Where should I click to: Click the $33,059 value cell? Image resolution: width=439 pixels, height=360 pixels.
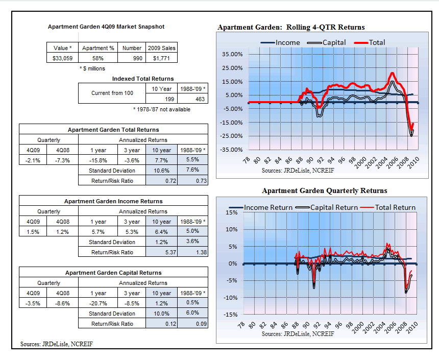tap(62, 58)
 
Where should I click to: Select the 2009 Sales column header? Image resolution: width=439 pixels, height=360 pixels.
tap(161, 48)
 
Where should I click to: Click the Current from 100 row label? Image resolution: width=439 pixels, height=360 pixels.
tap(112, 93)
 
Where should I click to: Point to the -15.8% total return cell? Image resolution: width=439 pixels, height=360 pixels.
tap(98, 160)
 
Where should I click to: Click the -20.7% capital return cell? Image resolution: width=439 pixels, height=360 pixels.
tap(98, 303)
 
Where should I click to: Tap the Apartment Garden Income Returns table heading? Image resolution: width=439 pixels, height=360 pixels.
tap(113, 201)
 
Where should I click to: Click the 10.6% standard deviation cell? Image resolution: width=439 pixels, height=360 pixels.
tap(161, 171)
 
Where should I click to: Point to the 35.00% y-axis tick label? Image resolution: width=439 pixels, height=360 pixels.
tap(232, 54)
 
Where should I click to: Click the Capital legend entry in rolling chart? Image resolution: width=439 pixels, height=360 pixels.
tap(327, 42)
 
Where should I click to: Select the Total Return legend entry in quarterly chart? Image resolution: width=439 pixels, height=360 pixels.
tap(388, 207)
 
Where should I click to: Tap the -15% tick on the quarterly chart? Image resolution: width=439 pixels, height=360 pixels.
tap(230, 315)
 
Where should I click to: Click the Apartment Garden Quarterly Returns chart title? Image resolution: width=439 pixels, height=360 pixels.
tap(325, 190)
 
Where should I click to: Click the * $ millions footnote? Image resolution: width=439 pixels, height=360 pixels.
tap(92, 68)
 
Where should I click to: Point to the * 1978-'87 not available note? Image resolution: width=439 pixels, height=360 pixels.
tap(161, 109)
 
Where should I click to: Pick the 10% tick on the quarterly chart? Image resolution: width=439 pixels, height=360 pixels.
tap(232, 229)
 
